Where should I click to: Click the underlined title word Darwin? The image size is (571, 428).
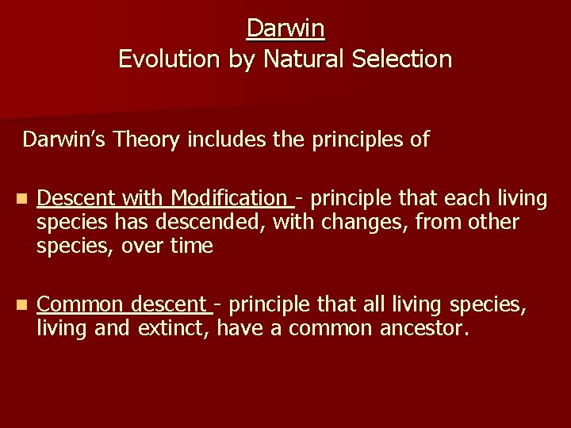tap(285, 29)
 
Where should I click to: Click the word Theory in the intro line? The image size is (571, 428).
tap(148, 140)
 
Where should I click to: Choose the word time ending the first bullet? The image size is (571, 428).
tap(192, 246)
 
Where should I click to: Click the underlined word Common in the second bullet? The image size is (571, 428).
tap(80, 304)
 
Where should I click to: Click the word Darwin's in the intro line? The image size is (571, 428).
tap(65, 140)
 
